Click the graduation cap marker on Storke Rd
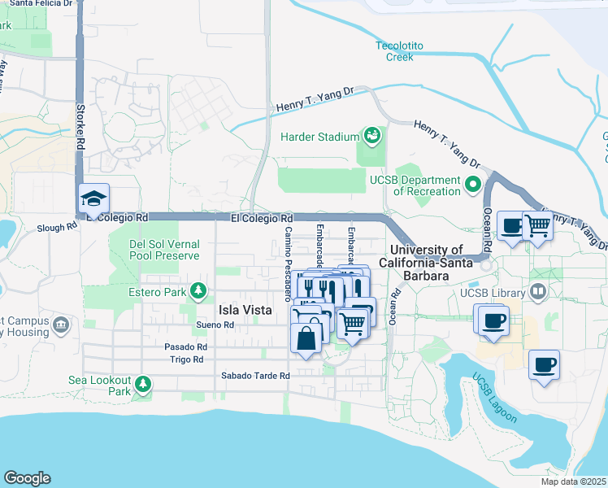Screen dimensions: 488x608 [x=93, y=198]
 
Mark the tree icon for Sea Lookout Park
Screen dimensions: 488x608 [x=143, y=383]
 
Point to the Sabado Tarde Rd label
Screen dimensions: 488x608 [x=256, y=376]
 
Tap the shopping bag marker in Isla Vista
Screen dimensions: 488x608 [x=305, y=338]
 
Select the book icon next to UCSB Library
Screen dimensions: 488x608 [x=537, y=291]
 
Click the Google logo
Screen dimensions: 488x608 [x=27, y=478]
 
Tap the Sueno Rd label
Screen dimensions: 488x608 [x=215, y=325]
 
